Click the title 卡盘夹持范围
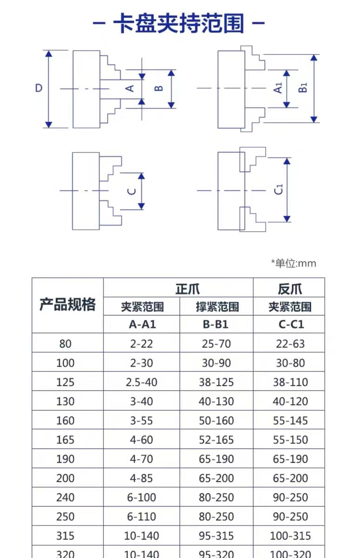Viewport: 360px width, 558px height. coord(179,23)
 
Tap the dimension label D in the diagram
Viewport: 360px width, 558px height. coord(39,88)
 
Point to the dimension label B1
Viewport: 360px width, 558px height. coord(303,88)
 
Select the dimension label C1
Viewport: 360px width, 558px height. coord(279,189)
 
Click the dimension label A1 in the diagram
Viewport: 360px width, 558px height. coord(278,88)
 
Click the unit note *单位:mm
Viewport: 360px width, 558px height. coord(293,263)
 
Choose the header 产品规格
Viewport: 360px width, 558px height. coord(67,304)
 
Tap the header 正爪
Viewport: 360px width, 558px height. coord(187,289)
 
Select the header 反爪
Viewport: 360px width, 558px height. coord(290,289)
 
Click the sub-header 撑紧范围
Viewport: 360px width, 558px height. coord(217,306)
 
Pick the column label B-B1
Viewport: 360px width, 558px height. coord(216,325)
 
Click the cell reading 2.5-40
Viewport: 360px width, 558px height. coord(141,382)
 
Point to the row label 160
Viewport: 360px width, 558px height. coord(65,420)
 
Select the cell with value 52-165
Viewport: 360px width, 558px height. coord(216,440)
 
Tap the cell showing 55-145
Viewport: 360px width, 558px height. coord(291,420)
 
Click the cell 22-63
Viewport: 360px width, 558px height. coord(291,344)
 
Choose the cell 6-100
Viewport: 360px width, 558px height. coord(141,497)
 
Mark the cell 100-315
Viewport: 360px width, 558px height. coord(291,536)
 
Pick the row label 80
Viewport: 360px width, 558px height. coord(65,344)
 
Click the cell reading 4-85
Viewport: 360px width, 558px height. coord(141,478)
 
